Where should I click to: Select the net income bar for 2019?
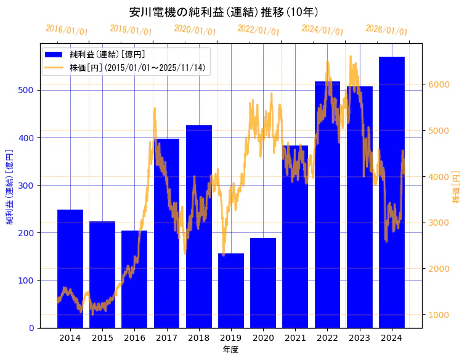click(231, 290)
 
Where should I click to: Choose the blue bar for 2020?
click(263, 283)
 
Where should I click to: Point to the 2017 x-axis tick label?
click(166, 338)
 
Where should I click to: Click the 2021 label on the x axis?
click(295, 338)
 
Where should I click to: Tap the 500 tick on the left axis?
click(28, 91)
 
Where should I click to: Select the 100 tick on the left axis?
click(28, 280)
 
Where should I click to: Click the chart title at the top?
click(224, 12)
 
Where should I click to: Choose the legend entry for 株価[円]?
click(137, 68)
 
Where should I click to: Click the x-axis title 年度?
click(230, 350)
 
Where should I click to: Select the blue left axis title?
click(10, 187)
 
